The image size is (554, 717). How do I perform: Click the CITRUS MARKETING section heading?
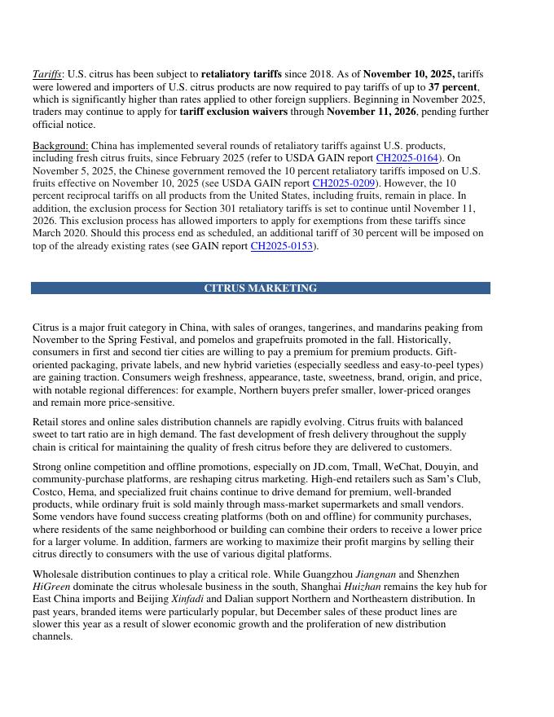click(260, 288)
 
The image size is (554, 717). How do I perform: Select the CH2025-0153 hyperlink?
click(281, 245)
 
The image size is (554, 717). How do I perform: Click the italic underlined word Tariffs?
click(47, 74)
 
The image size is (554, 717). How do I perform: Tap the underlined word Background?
click(60, 146)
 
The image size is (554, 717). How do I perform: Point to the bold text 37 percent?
click(453, 86)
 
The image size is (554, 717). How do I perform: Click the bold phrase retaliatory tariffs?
click(241, 74)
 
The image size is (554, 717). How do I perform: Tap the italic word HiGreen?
click(51, 587)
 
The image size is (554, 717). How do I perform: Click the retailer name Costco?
click(49, 492)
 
